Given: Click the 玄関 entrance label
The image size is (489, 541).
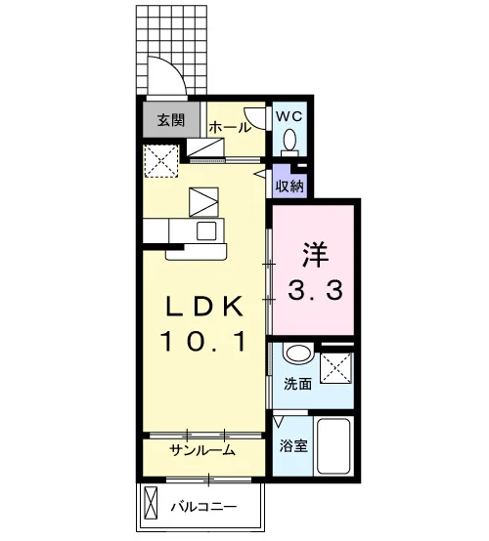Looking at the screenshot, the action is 171,120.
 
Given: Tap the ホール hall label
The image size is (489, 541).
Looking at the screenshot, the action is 230,128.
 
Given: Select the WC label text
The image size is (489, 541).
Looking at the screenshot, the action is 289,116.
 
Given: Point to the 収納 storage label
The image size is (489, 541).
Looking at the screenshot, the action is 289,187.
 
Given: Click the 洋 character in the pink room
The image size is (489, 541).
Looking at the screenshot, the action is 315,255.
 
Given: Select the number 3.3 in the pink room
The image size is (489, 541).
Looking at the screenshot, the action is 315,290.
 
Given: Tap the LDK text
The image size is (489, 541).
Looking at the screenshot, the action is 204,307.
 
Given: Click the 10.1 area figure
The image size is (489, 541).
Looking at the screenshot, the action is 203,341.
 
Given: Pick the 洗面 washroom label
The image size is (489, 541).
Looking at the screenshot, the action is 297,384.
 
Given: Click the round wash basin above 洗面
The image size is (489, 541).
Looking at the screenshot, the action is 298,353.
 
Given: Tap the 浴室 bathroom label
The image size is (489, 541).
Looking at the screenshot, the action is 293,445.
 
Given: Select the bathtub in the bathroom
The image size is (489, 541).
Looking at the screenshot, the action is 333,446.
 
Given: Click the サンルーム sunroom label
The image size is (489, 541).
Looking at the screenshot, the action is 202,450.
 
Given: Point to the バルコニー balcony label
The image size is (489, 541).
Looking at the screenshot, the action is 204,507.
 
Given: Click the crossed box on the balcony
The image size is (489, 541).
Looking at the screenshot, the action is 151,503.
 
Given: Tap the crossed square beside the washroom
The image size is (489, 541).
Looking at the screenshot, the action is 336,368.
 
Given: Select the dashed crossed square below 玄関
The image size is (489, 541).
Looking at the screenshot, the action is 161,161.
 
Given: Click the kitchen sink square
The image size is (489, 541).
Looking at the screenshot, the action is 206,230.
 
